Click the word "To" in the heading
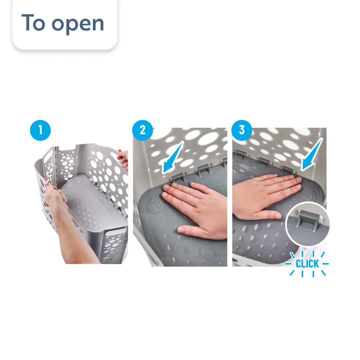tap(33, 22)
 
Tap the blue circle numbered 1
tap(40, 130)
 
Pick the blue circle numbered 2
tap(142, 130)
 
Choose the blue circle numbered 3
tap(242, 130)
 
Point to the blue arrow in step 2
tap(172, 157)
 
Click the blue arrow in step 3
tap(312, 154)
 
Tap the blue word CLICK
tap(307, 263)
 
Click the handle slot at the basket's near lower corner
tap(116, 232)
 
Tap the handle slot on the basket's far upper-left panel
tap(48, 155)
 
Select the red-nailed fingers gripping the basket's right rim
tap(123, 159)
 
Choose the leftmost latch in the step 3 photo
tap(240, 154)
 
